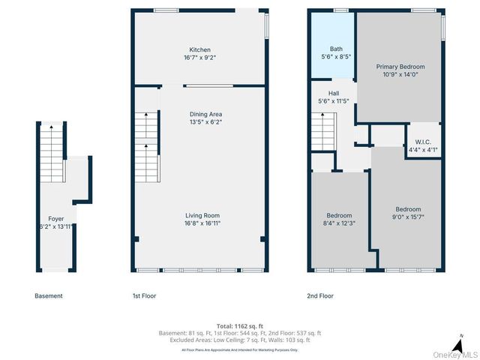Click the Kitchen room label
[199, 49]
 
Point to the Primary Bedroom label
[398, 67]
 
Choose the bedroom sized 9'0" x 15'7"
[408, 213]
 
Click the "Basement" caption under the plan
[49, 295]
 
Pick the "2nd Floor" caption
[320, 295]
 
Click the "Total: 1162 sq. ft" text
[240, 325]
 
